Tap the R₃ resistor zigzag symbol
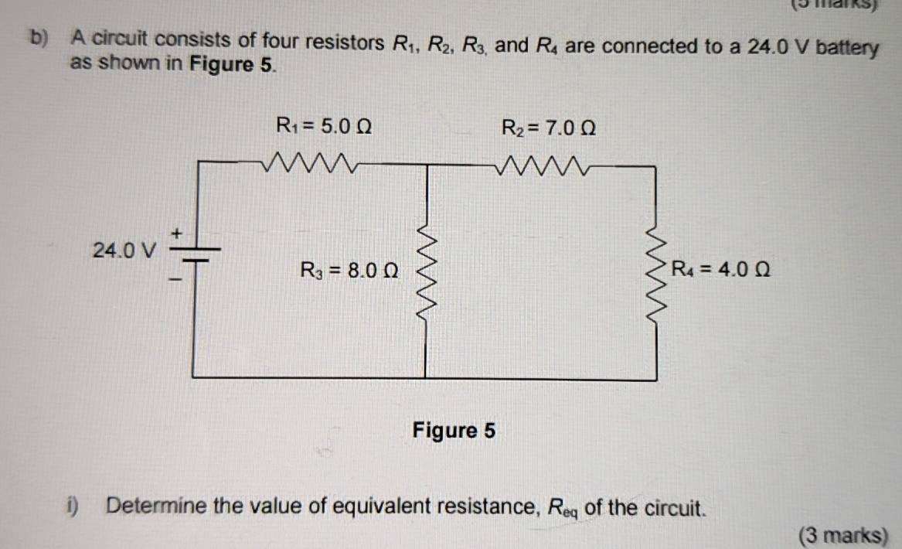pos(424,271)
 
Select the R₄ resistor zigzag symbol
pos(657,271)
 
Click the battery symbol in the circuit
pos(193,256)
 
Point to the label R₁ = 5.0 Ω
pos(324,124)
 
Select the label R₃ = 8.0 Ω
pos(349,271)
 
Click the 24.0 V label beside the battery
pos(124,251)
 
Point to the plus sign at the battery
pos(176,231)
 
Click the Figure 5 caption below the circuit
pos(454,430)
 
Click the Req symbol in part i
pos(563,509)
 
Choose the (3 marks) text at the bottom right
pos(843,535)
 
